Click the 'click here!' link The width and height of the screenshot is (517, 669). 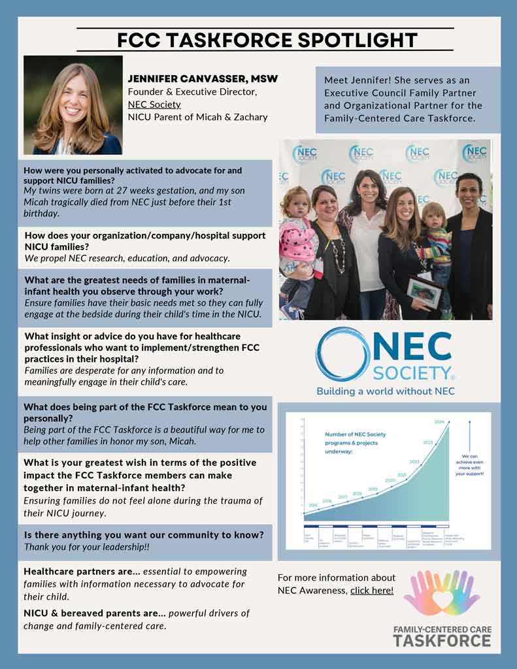(372, 591)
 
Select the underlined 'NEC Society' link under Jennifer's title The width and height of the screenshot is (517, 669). (154, 105)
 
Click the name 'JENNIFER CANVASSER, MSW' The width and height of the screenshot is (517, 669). (203, 79)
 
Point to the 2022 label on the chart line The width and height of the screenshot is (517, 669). (414, 461)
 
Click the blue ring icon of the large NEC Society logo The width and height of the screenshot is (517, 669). (341, 355)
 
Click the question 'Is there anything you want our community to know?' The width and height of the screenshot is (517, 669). (144, 534)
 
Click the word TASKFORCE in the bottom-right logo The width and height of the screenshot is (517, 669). (442, 642)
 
